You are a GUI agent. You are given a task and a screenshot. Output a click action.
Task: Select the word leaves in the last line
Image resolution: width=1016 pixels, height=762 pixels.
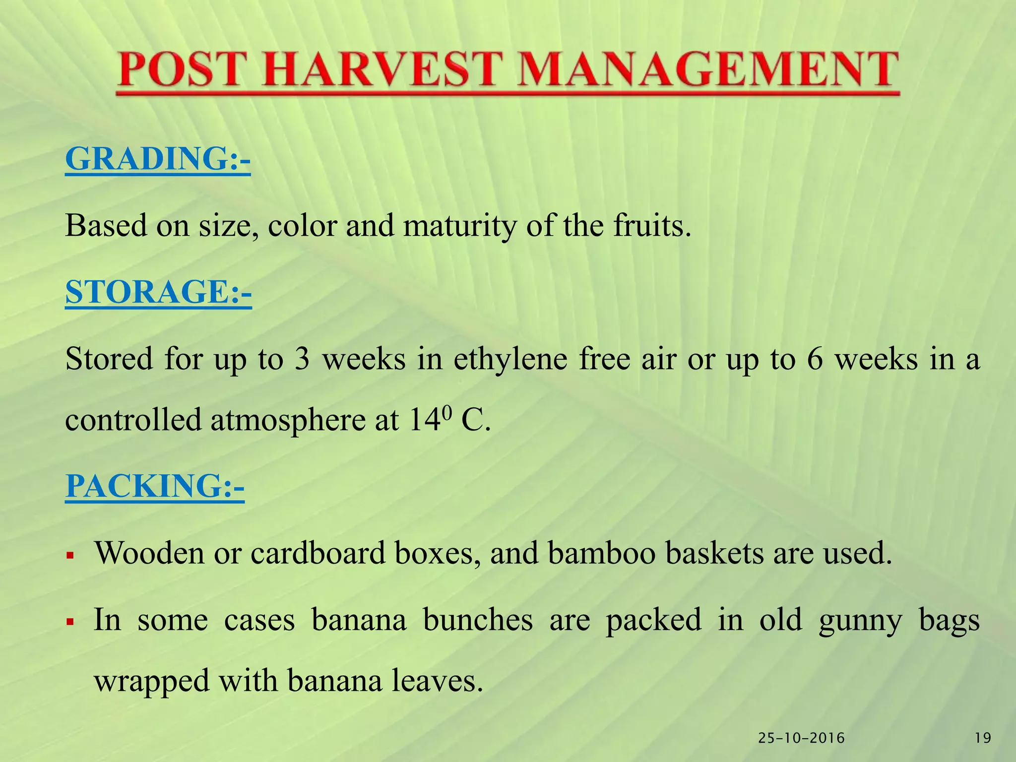click(x=437, y=681)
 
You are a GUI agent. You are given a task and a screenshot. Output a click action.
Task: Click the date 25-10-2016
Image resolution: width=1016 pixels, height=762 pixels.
click(x=801, y=738)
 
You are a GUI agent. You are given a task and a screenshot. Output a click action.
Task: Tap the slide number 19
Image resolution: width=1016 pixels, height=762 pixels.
click(x=983, y=738)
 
